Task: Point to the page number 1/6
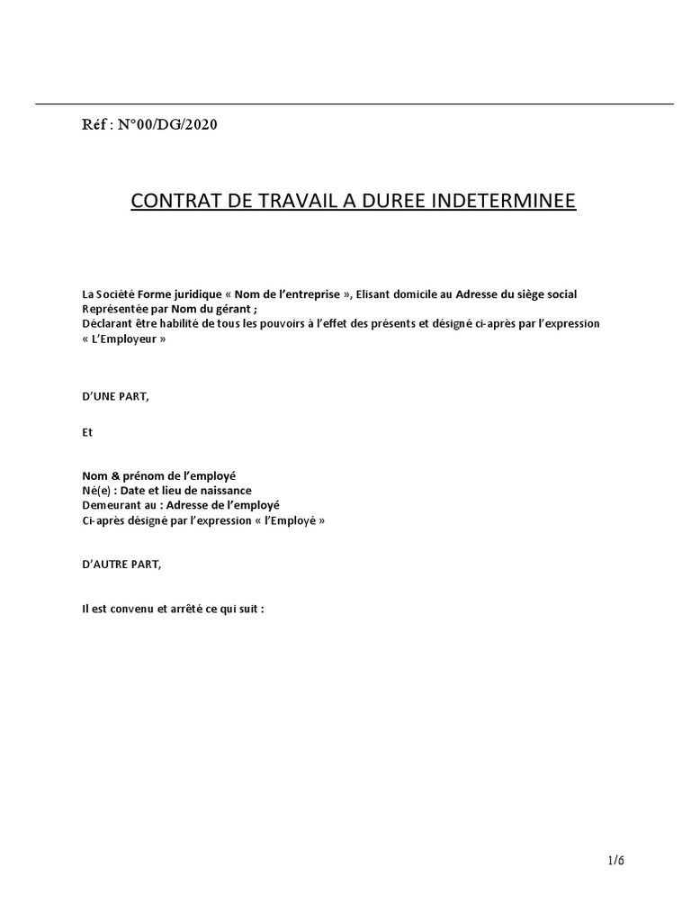pyautogui.click(x=615, y=860)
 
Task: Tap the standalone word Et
pyautogui.click(x=87, y=432)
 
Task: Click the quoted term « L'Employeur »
pyautogui.click(x=124, y=339)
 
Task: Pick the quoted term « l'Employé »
pyautogui.click(x=278, y=520)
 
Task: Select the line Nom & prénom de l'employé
pyautogui.click(x=159, y=476)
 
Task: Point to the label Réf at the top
pyautogui.click(x=94, y=124)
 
